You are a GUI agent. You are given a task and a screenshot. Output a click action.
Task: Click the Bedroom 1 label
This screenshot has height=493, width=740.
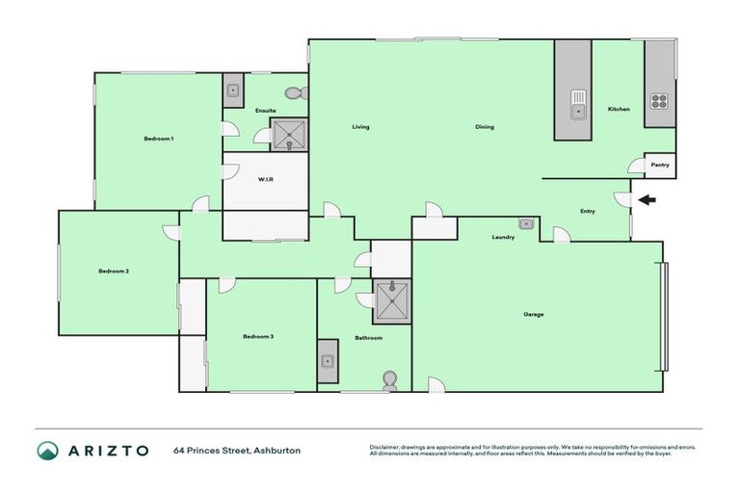(158, 139)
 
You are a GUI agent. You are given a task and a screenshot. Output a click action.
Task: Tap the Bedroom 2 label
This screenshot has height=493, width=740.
(114, 272)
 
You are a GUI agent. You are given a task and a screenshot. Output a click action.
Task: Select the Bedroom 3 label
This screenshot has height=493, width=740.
(258, 336)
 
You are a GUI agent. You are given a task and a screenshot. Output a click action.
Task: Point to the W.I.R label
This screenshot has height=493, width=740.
(266, 180)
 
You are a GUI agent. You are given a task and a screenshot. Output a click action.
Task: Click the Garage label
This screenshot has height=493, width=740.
(534, 315)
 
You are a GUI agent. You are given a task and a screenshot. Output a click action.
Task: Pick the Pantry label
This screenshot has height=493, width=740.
(660, 166)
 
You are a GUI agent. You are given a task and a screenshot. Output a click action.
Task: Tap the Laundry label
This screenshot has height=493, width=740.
(503, 237)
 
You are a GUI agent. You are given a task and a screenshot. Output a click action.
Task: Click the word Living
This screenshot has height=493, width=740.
(360, 127)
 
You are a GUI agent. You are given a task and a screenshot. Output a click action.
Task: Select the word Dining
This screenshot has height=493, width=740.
(485, 127)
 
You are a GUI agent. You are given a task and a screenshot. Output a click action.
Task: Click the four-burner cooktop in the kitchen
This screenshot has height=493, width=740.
(660, 102)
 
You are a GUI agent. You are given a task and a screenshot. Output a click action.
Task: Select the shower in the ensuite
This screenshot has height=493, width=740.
(289, 136)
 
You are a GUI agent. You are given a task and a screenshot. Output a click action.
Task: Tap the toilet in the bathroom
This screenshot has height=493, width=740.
(389, 378)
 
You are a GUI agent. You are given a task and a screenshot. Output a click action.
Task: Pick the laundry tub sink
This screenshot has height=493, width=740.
(526, 223)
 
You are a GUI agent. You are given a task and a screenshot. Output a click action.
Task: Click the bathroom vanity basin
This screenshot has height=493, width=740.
(328, 362)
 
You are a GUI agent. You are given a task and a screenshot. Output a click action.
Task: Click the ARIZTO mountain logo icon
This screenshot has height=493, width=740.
(47, 451)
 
